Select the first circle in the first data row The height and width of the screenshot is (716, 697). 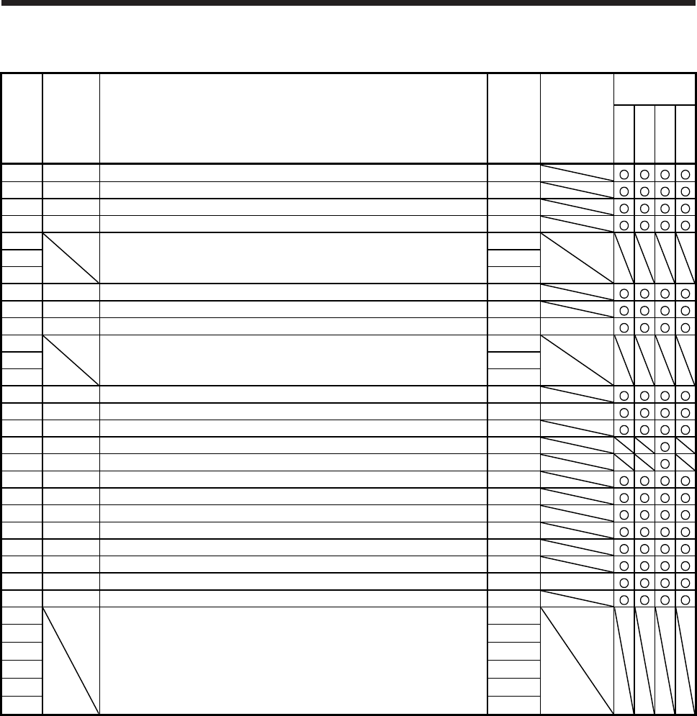[624, 173]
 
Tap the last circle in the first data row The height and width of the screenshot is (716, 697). [686, 173]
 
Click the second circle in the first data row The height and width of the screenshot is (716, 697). [644, 173]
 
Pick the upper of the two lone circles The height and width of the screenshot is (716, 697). [665, 446]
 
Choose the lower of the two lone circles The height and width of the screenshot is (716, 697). [665, 463]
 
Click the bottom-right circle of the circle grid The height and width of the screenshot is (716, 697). [686, 599]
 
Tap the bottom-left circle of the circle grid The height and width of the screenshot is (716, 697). [624, 599]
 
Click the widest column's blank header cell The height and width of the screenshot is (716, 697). [293, 119]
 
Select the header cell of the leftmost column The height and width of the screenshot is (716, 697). [22, 119]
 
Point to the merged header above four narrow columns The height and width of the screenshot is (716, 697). [655, 89]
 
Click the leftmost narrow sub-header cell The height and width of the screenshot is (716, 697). [624, 134]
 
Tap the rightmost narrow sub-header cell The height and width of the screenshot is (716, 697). [686, 134]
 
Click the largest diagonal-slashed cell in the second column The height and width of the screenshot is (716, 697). [71, 661]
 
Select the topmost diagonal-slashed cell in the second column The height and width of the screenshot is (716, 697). [71, 258]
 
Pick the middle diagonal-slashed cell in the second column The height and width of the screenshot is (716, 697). [71, 360]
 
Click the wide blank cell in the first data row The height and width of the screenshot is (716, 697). [293, 173]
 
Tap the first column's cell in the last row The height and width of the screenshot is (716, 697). [22, 706]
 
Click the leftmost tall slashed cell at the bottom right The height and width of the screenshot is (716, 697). [624, 661]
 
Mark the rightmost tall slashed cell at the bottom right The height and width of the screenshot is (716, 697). [686, 661]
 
